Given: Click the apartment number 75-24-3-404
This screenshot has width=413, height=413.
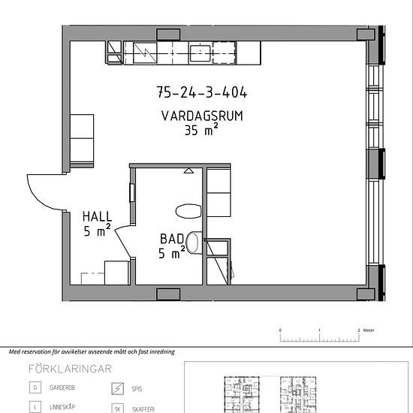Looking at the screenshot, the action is (x=202, y=92).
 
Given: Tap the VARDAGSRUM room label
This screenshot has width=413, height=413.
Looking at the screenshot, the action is (x=202, y=116).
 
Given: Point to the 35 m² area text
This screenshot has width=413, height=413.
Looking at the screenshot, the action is (x=201, y=130).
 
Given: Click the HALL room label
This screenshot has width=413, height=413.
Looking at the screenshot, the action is (x=97, y=216).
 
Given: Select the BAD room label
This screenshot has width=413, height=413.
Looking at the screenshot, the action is (x=172, y=239).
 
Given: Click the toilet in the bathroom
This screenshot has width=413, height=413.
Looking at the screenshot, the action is (x=188, y=211).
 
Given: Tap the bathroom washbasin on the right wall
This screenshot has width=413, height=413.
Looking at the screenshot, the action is (x=194, y=243).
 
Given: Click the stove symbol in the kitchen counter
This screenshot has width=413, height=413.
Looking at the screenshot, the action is (x=145, y=53).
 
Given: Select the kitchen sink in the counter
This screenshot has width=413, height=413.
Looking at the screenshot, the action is (x=200, y=53).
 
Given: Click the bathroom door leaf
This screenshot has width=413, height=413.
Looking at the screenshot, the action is (x=122, y=243).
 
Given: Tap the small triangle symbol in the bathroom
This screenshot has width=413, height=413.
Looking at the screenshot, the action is (x=188, y=171).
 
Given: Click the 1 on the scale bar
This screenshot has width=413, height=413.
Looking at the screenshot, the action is (x=319, y=330).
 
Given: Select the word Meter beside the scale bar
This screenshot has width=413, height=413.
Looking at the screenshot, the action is (x=369, y=330).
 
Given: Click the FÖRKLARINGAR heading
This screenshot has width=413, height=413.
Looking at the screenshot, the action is (x=70, y=369).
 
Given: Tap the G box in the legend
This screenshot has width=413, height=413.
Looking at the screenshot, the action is (x=35, y=387).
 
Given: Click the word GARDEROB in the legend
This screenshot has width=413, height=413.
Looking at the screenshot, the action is (x=62, y=387).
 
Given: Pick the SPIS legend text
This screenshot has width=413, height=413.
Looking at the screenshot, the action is (x=137, y=389).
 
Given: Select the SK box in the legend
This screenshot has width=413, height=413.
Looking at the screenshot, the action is (x=117, y=408).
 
